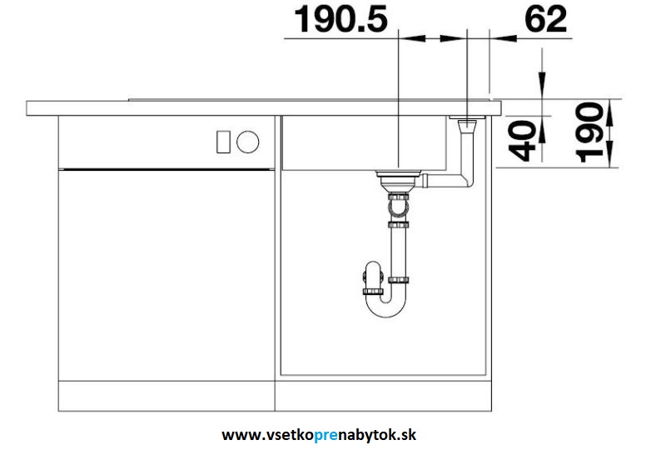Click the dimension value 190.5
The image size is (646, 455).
coord(340,19)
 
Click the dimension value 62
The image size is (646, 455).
coord(546,19)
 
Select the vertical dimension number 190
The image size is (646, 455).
coord(589,132)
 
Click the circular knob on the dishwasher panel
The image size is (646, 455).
coord(248,142)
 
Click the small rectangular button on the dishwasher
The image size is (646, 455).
coord(223,142)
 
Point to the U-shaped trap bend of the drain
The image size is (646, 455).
coord(386,307)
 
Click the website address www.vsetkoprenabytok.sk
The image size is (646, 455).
coord(319,435)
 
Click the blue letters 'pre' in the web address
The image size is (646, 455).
coord(325,436)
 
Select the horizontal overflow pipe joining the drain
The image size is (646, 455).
coord(443,180)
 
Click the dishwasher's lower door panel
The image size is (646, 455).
coord(166,275)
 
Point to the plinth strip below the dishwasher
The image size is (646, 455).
coord(166,396)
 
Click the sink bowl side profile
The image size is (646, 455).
coord(364,142)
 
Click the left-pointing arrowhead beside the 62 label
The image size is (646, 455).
coord(503,38)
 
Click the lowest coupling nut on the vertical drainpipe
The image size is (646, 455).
coord(398,280)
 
